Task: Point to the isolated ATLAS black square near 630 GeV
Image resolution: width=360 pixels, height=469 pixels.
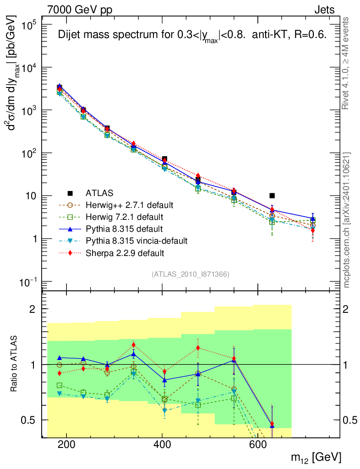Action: tap(272, 196)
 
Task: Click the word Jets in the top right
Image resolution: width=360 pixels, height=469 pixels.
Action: tap(324, 10)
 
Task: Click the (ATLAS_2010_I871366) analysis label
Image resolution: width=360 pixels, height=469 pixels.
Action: tap(190, 274)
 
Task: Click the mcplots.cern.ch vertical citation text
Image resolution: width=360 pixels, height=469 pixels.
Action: tap(347, 220)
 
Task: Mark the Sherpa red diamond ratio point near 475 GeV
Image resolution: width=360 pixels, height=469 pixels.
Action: tap(198, 348)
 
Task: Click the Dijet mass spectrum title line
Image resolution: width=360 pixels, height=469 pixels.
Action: tap(192, 36)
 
